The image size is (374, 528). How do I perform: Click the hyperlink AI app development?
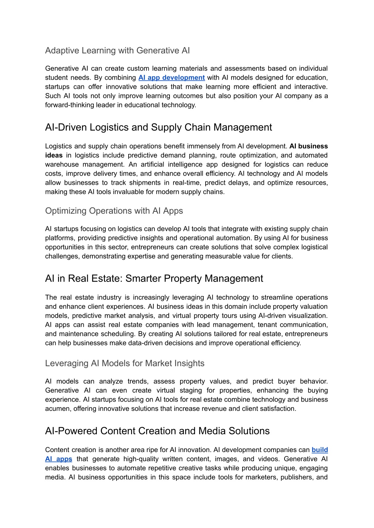(171, 78)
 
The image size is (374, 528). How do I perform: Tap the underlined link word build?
(320, 450)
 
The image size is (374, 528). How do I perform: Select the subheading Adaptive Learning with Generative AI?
(117, 50)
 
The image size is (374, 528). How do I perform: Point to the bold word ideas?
(54, 156)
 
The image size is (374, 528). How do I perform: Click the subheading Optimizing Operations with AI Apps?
(114, 211)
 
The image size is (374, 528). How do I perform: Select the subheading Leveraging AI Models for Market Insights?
(125, 363)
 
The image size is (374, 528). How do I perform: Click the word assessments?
(244, 69)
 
